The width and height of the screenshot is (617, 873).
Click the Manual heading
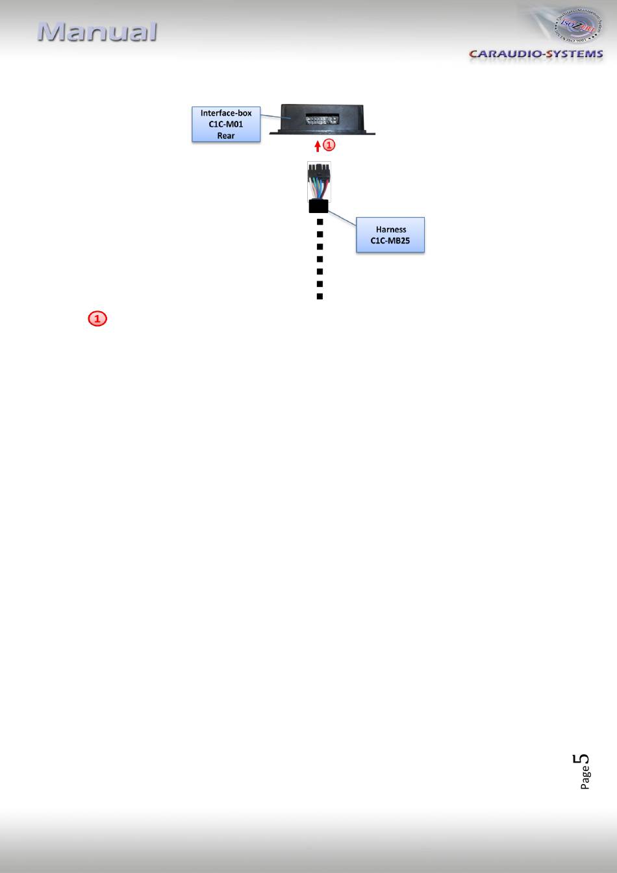(97, 32)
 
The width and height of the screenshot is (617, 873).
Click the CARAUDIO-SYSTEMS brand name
(536, 54)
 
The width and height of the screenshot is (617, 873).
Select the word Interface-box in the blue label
(226, 113)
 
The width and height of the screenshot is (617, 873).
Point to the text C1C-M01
(226, 124)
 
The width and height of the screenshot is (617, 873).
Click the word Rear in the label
(226, 136)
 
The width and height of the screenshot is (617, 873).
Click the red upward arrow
(318, 145)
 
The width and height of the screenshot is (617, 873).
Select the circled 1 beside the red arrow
(329, 144)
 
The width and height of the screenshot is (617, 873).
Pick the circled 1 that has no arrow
(97, 319)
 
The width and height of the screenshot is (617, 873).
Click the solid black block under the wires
(318, 207)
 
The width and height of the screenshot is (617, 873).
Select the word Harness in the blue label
(390, 229)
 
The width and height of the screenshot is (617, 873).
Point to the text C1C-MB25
(390, 240)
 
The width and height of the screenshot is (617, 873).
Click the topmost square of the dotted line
(320, 222)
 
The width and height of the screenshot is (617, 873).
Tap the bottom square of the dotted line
(320, 296)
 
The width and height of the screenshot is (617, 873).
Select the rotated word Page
(586, 778)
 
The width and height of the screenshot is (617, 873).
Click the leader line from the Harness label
(342, 217)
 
